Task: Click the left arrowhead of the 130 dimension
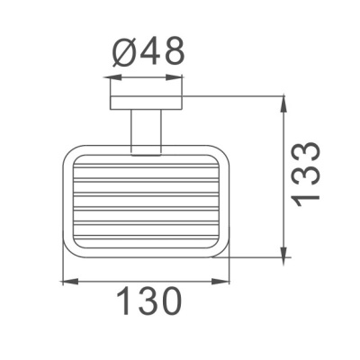click(x=67, y=283)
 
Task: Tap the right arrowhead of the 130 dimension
click(x=225, y=283)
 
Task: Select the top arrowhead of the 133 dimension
click(x=284, y=97)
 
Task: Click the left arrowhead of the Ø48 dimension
click(x=111, y=78)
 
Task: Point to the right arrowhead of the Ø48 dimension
click(x=179, y=78)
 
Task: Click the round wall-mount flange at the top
click(x=145, y=101)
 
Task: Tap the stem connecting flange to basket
click(x=145, y=131)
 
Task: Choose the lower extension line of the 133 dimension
click(x=256, y=258)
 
